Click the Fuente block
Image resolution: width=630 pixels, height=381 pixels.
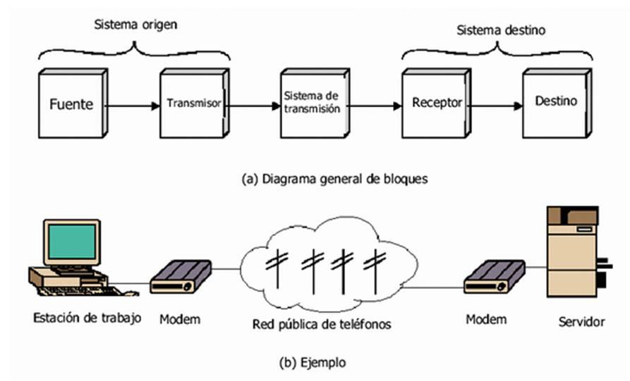73,104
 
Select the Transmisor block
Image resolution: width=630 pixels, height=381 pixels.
195,104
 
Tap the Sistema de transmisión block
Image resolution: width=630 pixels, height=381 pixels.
315,104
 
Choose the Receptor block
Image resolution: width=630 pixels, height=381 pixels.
436,104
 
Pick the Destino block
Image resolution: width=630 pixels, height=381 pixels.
557,104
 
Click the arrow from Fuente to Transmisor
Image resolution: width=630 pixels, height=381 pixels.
132,106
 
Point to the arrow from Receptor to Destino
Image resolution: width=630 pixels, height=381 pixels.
495,106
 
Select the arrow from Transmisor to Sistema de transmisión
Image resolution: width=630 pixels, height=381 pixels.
253,106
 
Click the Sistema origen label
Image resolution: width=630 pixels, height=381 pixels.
135,25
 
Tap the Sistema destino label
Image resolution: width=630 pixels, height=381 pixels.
501,30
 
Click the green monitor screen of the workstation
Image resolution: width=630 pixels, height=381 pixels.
73,242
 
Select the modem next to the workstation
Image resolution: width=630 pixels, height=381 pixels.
181,276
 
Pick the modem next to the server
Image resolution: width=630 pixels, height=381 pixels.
495,276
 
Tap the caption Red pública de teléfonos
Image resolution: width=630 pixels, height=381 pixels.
322,324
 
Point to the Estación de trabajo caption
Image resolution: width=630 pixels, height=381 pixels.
87,318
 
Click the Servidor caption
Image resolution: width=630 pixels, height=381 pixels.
581,322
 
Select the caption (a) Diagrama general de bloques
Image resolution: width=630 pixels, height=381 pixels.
334,179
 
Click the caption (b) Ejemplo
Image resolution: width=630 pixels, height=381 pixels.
313,363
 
